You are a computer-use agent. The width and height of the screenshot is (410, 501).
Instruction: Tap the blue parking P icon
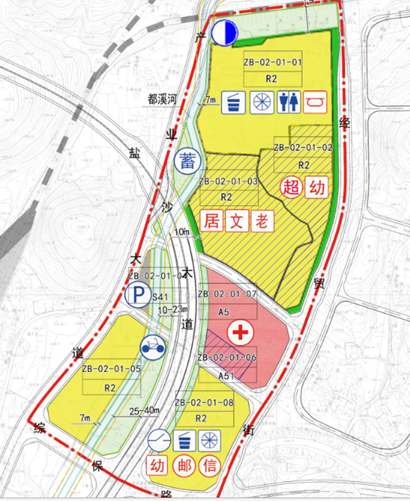(x=137, y=295)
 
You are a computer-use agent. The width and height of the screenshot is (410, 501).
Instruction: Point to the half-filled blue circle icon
(x=223, y=32)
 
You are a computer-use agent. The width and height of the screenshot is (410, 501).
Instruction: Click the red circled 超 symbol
(x=291, y=187)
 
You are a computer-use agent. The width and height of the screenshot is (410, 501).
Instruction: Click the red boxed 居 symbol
(x=211, y=221)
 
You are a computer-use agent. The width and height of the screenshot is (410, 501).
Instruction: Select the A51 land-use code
(x=226, y=376)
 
